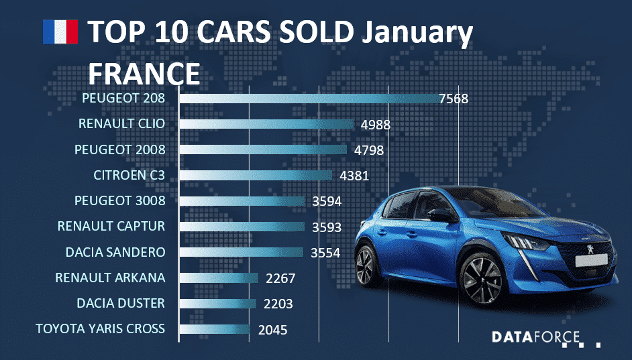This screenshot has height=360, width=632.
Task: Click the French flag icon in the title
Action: click(60, 32)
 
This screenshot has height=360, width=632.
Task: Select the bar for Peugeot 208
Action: click(309, 99)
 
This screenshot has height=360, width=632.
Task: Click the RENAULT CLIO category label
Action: click(121, 124)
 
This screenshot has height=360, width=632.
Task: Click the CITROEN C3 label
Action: click(129, 176)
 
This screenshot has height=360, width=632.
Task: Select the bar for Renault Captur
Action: click(242, 227)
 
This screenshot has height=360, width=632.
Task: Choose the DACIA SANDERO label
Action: click(115, 252)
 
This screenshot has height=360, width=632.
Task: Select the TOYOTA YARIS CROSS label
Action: click(100, 328)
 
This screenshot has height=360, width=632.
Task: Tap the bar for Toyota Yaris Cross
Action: click(215, 329)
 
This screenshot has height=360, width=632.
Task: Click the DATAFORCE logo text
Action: click(535, 337)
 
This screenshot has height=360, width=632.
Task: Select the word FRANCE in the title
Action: click(144, 72)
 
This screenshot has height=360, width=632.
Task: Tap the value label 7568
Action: click(453, 99)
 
